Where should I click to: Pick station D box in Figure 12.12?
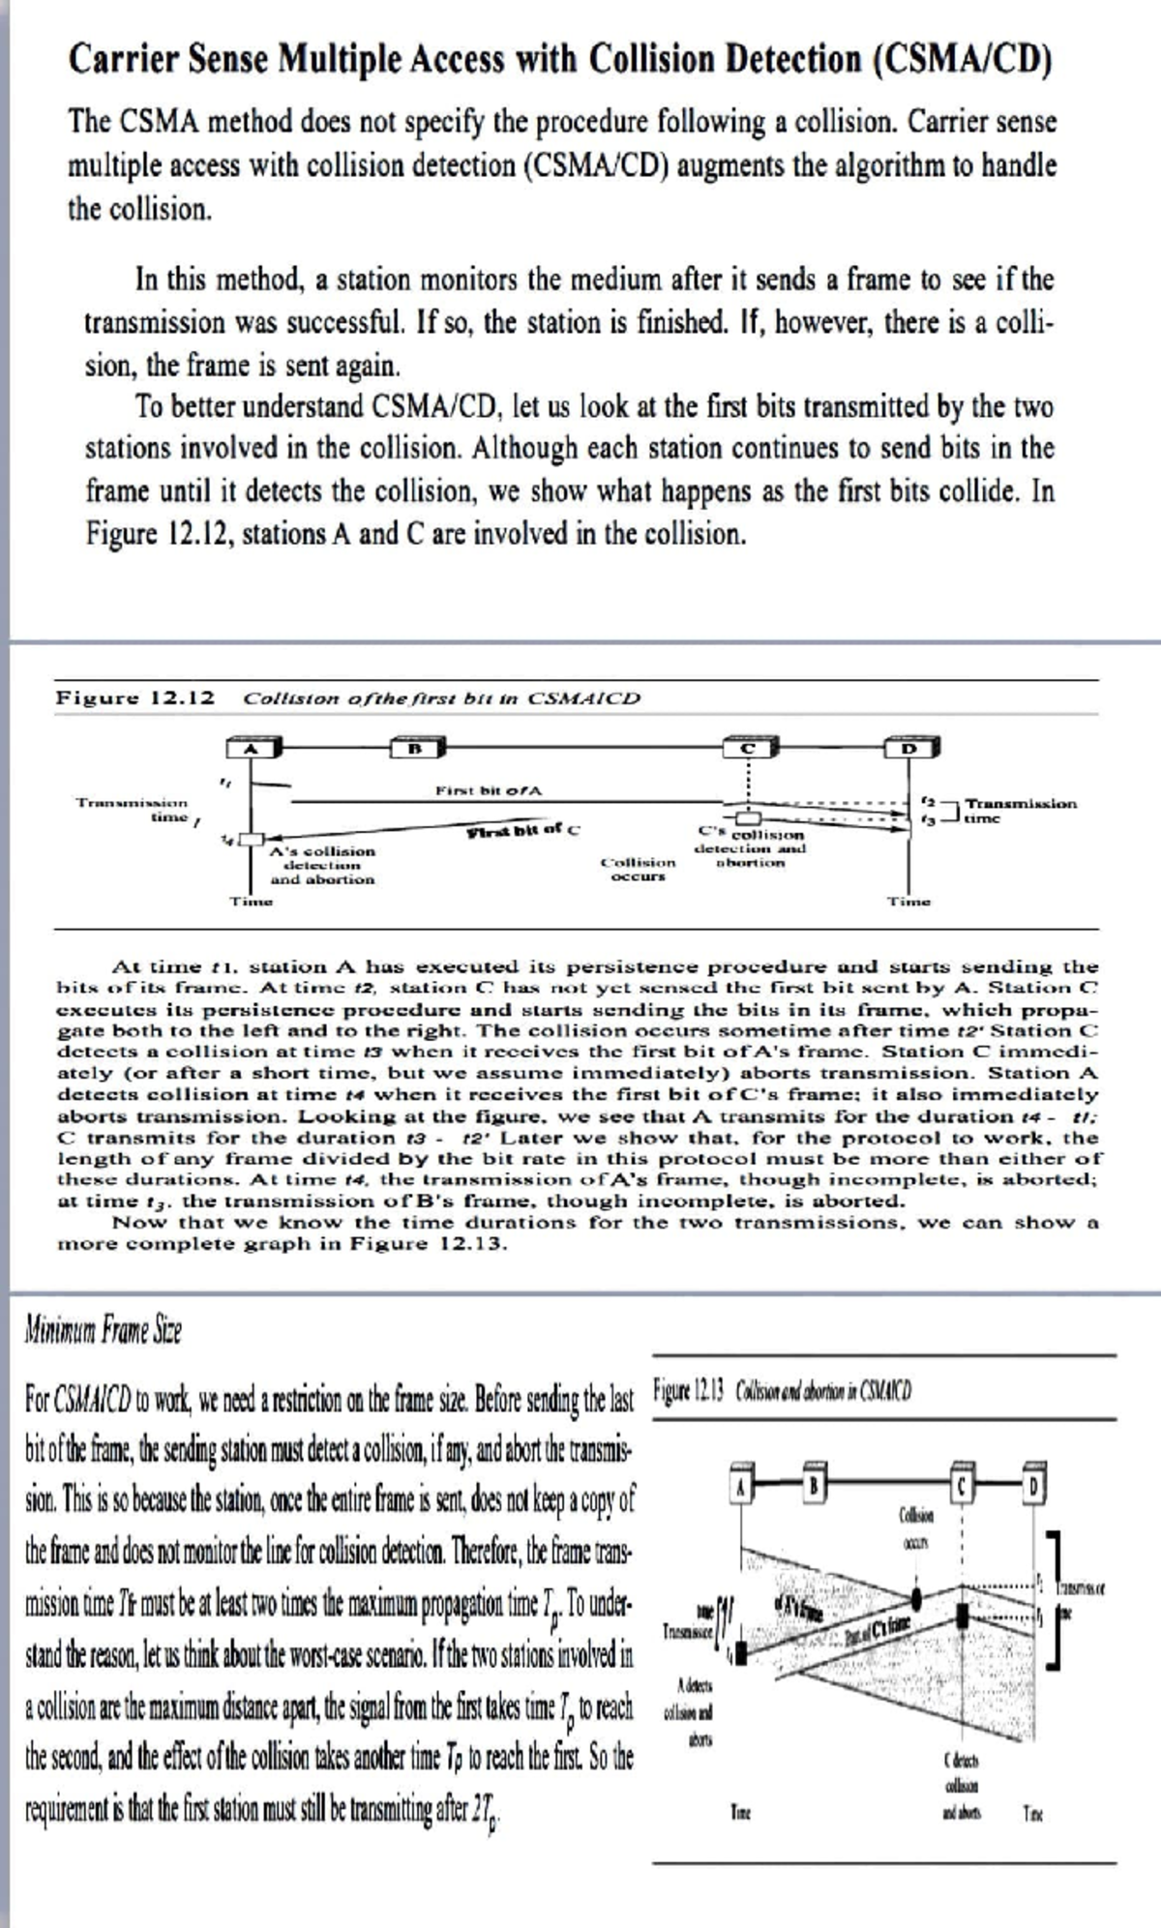(910, 747)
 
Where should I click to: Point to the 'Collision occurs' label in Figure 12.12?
(639, 869)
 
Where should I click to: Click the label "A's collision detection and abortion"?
(322, 865)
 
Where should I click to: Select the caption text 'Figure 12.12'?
(134, 697)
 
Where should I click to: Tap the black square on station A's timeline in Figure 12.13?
(742, 1648)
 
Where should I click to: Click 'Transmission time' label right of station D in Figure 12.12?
(1020, 810)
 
